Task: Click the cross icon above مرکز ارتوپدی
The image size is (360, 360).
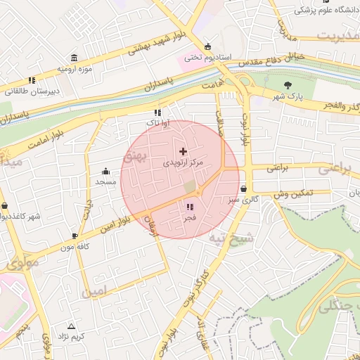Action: point(184,151)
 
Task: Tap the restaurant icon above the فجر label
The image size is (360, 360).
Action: point(190,207)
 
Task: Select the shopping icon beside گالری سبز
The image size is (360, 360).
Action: point(243,189)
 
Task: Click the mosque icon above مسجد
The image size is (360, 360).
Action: point(105,171)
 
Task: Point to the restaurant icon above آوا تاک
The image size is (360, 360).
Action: point(157,112)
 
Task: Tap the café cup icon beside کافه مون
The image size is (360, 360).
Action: point(75,236)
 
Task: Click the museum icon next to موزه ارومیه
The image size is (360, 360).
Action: point(74,58)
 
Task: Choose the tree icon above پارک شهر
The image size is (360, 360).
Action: point(288,85)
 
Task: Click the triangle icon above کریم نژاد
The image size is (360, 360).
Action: point(71,326)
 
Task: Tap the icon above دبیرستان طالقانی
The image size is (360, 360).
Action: point(32,80)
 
